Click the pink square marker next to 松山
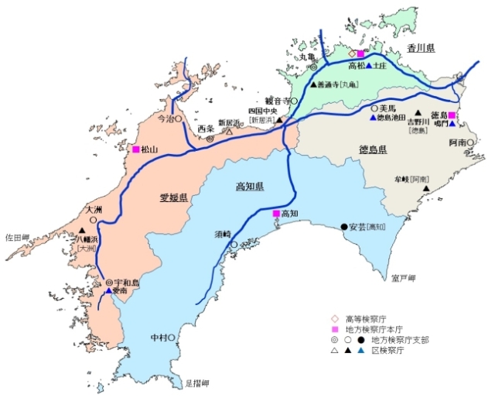[x=136, y=149]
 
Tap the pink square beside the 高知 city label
[x=276, y=213]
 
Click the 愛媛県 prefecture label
[x=174, y=197]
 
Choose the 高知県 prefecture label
[x=250, y=187]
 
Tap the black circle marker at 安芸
[x=344, y=226]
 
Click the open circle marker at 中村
[x=171, y=338]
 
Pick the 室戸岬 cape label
[x=404, y=277]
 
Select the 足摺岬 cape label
[x=198, y=383]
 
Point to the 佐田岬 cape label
[x=17, y=237]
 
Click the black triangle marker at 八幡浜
[x=82, y=230]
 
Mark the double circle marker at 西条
[x=210, y=138]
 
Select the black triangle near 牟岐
[x=425, y=198]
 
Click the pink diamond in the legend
[x=334, y=317]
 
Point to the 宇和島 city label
[x=127, y=283]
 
